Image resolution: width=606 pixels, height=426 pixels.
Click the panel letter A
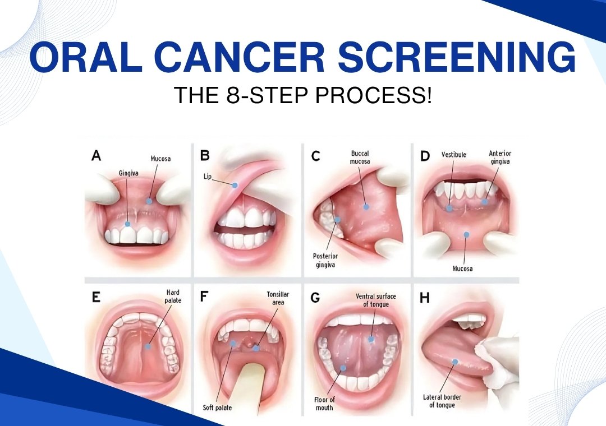97,156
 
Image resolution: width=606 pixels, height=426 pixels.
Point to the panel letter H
424,298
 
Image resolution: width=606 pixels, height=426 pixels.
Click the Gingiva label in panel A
128,173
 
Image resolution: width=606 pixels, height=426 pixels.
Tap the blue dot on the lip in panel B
235,186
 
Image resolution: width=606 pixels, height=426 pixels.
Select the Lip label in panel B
208,177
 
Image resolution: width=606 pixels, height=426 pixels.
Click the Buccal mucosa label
360,157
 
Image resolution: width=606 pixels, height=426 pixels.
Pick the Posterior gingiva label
325,260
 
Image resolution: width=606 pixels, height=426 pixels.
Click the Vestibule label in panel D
454,155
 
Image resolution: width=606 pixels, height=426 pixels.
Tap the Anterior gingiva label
500,157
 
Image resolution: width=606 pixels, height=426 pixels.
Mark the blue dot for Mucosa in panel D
466,234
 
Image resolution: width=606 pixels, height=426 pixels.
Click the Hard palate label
173,296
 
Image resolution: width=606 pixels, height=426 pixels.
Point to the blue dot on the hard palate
148,346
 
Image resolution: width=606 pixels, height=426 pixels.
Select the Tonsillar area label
278,298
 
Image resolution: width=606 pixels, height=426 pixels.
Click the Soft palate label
217,408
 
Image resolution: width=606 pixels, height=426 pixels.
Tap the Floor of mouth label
324,404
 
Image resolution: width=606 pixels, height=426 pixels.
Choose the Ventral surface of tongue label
375,300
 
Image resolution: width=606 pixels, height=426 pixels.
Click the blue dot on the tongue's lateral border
455,362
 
